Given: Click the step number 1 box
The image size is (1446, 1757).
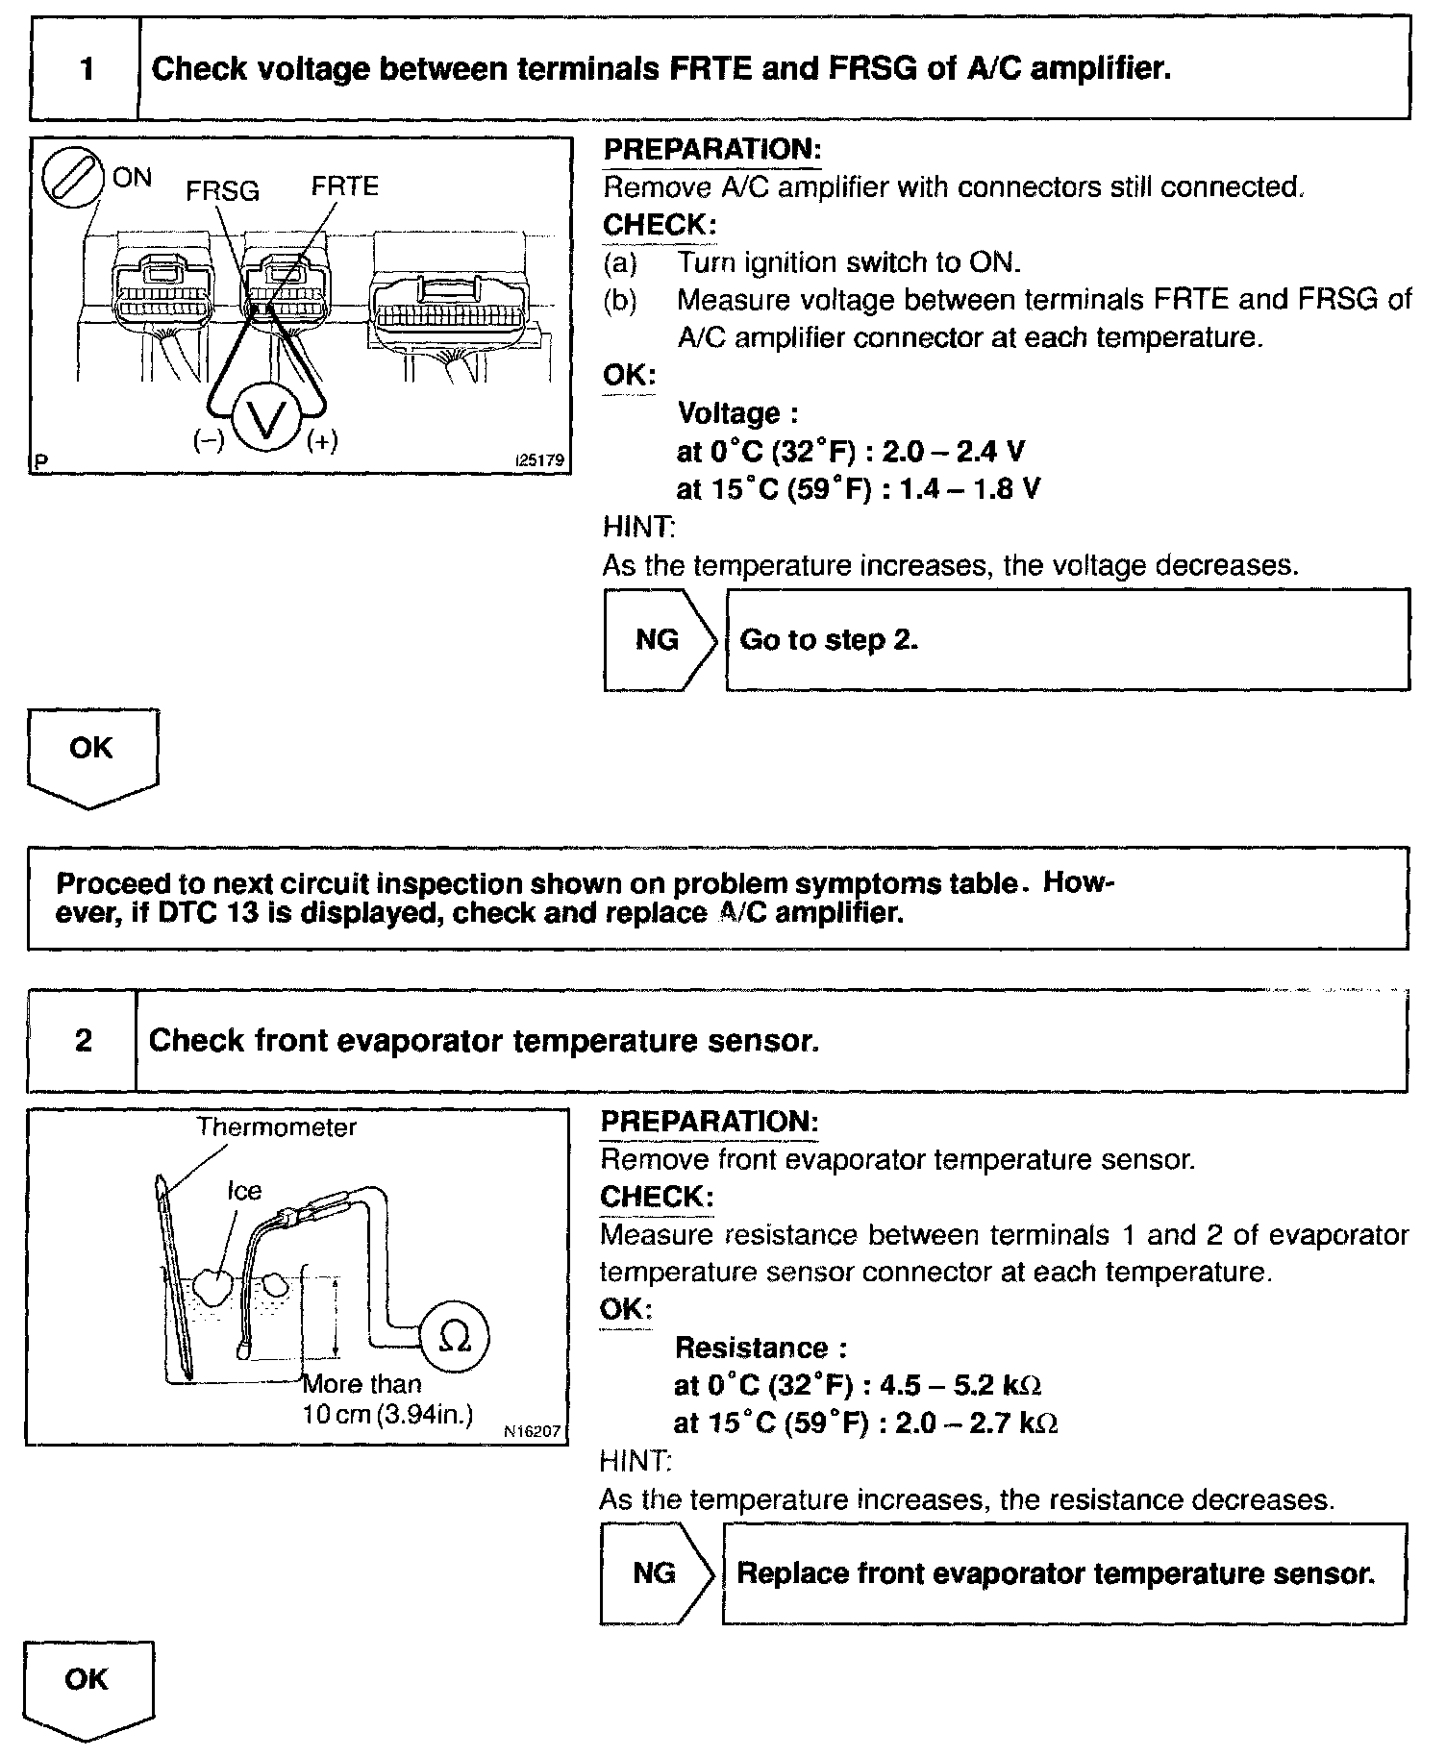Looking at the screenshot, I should click(x=86, y=69).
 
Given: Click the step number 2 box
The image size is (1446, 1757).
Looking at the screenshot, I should click(x=83, y=1041).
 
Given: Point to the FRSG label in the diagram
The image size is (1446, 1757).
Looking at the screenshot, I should click(x=222, y=191).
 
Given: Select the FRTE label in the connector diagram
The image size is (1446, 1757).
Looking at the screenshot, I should click(x=344, y=186).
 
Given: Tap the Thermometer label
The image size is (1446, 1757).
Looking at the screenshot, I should click(x=276, y=1127).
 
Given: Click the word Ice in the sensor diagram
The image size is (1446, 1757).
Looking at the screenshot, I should click(x=243, y=1191).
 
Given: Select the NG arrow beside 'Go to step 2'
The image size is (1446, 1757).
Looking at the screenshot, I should click(x=660, y=640).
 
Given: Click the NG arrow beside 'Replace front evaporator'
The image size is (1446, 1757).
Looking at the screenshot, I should click(x=657, y=1573).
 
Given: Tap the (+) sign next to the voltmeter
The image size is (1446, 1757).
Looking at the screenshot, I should click(x=322, y=441).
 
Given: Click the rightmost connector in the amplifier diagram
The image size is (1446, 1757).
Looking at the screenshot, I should click(x=450, y=306).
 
